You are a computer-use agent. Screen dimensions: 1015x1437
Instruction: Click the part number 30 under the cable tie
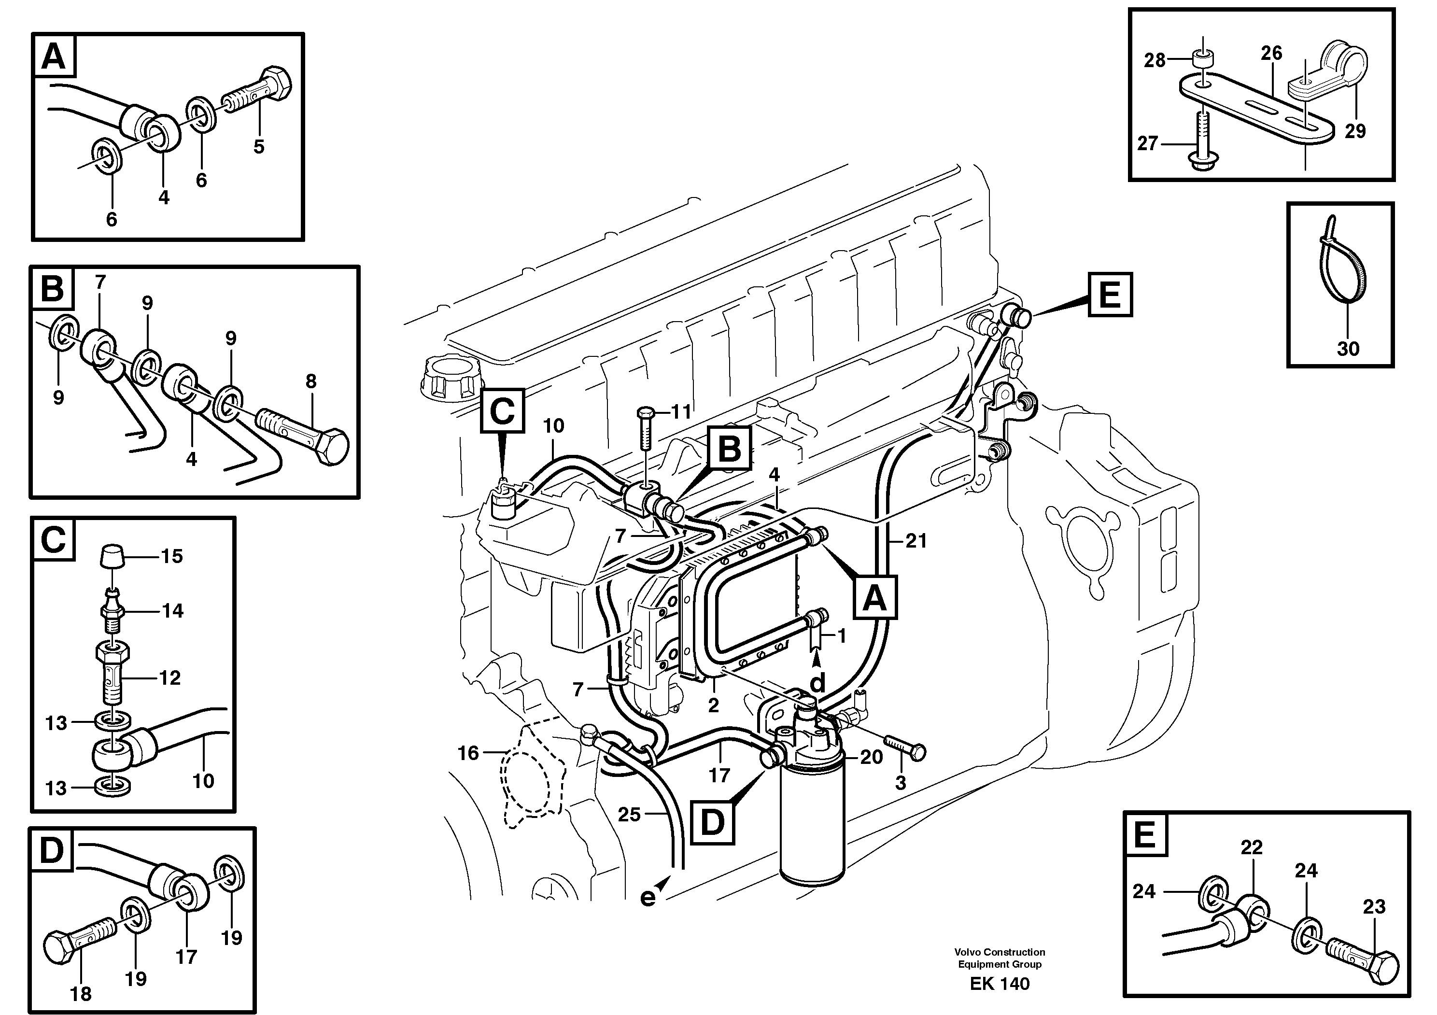point(1348,349)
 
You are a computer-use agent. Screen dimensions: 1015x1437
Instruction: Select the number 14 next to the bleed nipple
point(173,611)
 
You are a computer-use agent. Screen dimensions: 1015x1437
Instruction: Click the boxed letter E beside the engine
point(1110,294)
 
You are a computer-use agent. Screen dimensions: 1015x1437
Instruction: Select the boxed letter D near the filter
point(712,823)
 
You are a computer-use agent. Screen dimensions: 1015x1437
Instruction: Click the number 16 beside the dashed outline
point(468,753)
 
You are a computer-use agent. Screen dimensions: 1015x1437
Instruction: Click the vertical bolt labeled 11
point(645,431)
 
